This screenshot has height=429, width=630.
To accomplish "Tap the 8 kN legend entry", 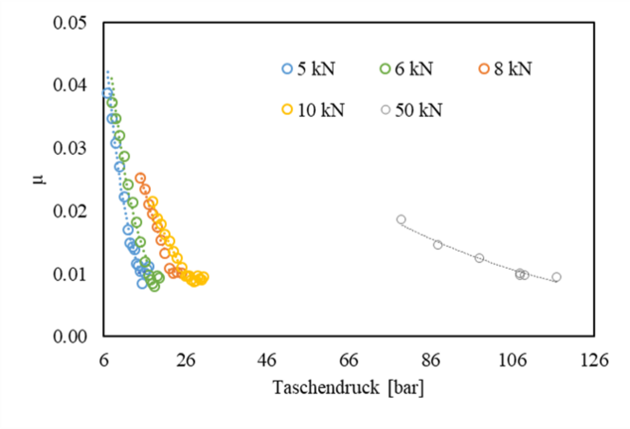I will [x=505, y=69].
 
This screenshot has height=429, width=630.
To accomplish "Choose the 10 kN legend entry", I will [x=312, y=110].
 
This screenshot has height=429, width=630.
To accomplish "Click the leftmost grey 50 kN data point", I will [x=401, y=220].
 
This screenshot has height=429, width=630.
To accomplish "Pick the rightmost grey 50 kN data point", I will [x=556, y=277].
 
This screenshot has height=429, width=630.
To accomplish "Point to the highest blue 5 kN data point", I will [x=107, y=93].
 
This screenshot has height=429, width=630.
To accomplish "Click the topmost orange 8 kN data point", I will [x=140, y=178].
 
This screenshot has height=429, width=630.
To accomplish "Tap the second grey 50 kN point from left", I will [x=437, y=245].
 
